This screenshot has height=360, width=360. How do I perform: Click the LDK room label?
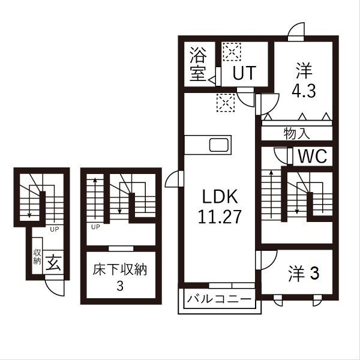pyautogui.click(x=220, y=197)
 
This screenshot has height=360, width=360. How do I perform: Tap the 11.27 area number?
pyautogui.click(x=220, y=217)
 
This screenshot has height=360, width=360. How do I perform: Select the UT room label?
pyautogui.click(x=244, y=73)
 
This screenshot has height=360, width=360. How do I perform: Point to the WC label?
pyautogui.click(x=312, y=157)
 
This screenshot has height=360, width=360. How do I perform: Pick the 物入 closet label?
pyautogui.click(x=297, y=134)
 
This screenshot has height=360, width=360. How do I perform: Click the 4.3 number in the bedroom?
pyautogui.click(x=304, y=92)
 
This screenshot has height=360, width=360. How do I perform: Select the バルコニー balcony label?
pyautogui.click(x=218, y=298)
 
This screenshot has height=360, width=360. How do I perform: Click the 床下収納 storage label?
pyautogui.click(x=120, y=268)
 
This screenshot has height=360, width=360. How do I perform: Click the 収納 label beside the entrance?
pyautogui.click(x=37, y=256)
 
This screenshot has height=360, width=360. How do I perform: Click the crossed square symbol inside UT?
pyautogui.click(x=231, y=52)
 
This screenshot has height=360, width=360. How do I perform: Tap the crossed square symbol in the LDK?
pyautogui.click(x=226, y=103)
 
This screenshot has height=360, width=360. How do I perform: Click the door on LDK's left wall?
pyautogui.click(x=172, y=178)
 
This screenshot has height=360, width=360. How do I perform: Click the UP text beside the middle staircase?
pyautogui.click(x=95, y=227)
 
